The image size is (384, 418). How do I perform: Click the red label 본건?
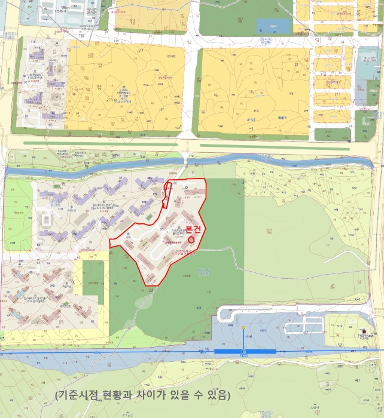[193, 229]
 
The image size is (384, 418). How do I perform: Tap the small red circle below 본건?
[191, 239]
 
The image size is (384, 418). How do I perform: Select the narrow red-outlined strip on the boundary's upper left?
[166, 194]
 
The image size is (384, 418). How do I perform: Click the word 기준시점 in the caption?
[78, 395]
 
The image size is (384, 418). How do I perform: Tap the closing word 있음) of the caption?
[219, 395]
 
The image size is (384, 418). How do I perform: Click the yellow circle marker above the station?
[243, 328]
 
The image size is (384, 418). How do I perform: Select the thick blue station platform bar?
[245, 352]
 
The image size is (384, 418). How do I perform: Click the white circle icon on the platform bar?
[244, 352]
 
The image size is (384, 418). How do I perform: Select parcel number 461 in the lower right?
[358, 380]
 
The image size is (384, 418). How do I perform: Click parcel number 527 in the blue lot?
[305, 332]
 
